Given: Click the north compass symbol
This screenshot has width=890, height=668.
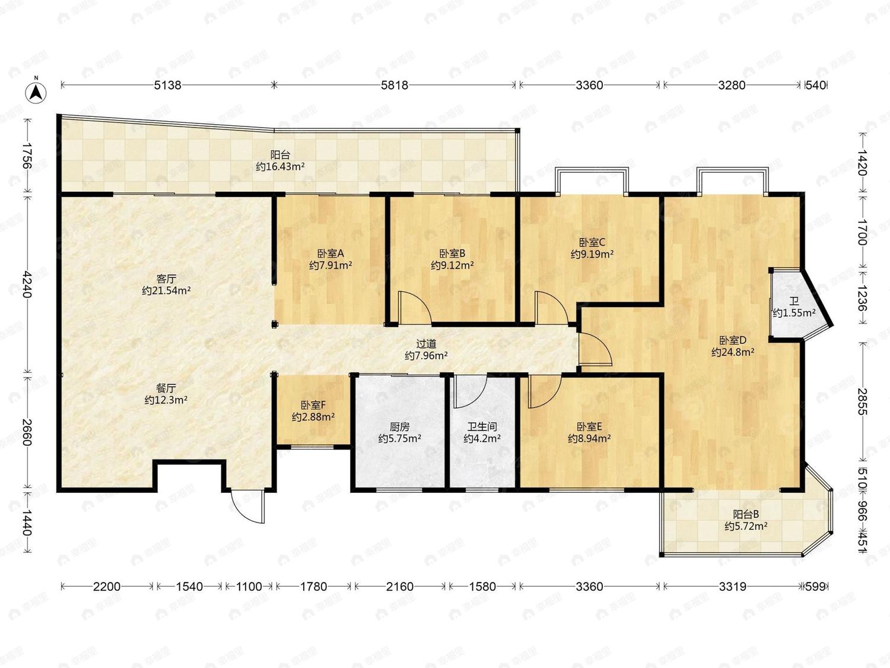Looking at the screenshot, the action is (x=36, y=93).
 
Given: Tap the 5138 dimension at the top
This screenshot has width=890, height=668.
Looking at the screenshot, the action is (x=168, y=85).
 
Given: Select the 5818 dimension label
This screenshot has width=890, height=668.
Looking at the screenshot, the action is (x=395, y=85).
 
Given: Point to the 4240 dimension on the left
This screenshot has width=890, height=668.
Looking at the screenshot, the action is (x=27, y=284).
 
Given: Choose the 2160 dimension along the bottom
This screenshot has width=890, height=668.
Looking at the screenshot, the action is (x=400, y=587).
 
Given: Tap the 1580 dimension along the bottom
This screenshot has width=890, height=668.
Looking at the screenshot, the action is (x=482, y=587).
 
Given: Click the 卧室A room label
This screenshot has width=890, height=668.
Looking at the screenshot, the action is (x=330, y=254).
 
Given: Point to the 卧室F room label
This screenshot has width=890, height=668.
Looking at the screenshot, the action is (x=313, y=405).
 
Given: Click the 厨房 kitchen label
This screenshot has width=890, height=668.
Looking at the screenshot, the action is (x=400, y=427).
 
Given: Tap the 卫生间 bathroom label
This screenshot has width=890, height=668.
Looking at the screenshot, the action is (x=482, y=427).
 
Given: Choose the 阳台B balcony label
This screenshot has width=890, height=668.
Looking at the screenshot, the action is (x=746, y=514).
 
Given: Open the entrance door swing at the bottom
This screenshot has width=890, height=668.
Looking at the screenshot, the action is (x=248, y=506).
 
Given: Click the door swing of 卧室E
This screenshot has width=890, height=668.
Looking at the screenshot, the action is (x=545, y=392).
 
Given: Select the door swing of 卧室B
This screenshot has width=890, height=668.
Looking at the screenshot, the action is (x=415, y=308).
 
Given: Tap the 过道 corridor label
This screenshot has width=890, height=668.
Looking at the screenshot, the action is (x=426, y=344).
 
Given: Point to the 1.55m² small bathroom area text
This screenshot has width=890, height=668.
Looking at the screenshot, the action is (x=794, y=313).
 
